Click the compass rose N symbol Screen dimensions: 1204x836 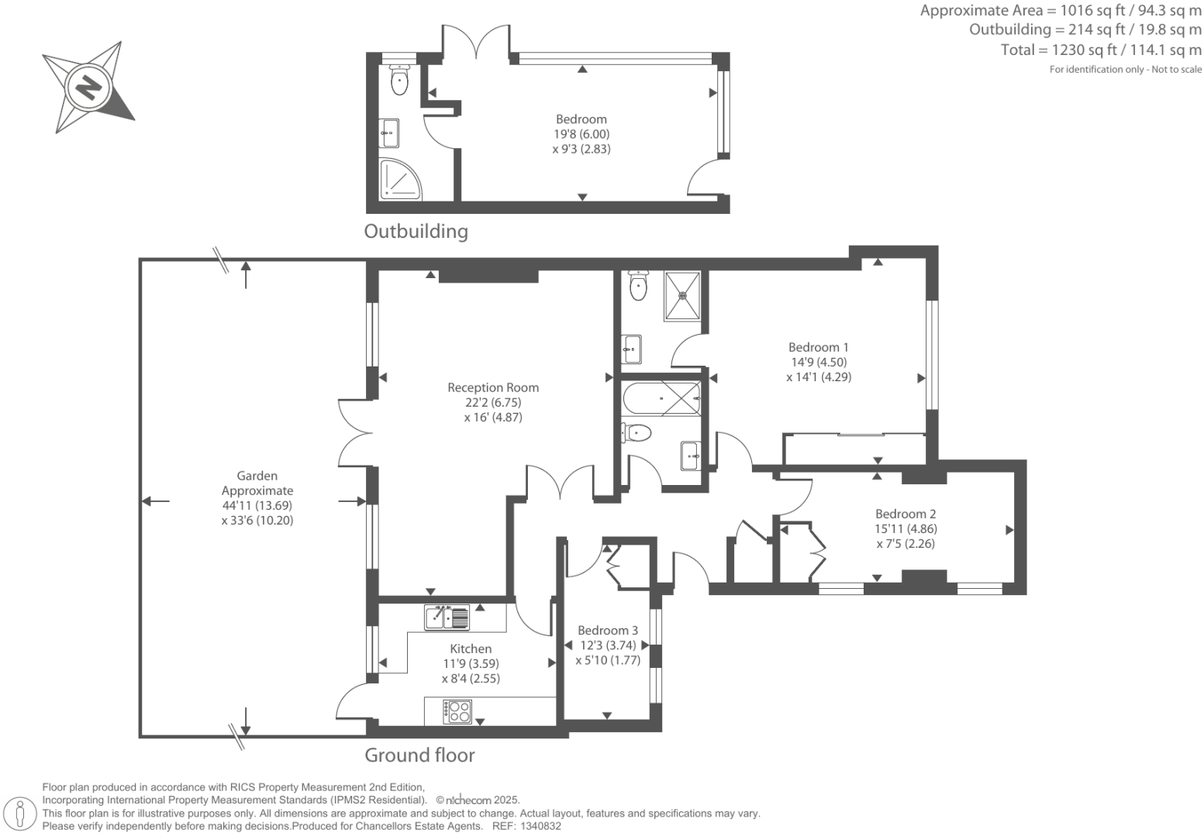(x=88, y=87)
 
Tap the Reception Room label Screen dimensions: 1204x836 (x=493, y=387)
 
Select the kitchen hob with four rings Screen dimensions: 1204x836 (x=457, y=711)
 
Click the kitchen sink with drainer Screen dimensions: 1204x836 (x=447, y=617)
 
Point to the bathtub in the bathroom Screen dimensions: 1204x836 (x=661, y=398)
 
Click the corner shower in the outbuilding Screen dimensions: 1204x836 (x=401, y=180)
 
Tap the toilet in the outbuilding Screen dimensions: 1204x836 (x=399, y=80)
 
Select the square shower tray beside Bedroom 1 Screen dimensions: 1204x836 (x=682, y=295)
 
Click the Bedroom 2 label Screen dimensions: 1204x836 (x=906, y=514)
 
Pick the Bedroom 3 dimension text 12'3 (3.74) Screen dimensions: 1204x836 (x=608, y=645)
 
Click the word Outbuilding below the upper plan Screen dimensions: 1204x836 (x=416, y=232)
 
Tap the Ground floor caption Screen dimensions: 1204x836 (x=419, y=755)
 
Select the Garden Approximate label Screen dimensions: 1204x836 (x=257, y=483)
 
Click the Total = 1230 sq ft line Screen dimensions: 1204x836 (x=1101, y=50)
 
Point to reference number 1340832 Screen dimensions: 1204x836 (x=540, y=827)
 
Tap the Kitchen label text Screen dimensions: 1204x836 (x=471, y=649)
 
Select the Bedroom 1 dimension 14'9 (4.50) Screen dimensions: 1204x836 (x=819, y=362)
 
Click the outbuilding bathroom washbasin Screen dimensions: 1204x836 (x=388, y=132)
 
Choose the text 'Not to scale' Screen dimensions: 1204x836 (x=1177, y=69)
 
